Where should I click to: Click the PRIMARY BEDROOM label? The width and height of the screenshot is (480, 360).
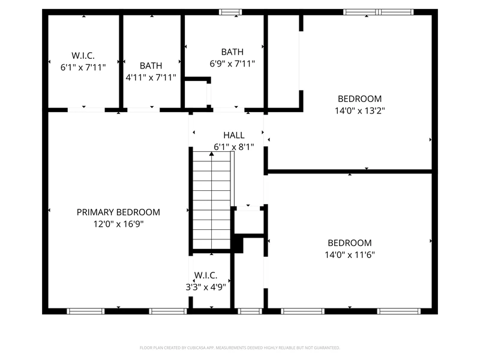(x=118, y=212)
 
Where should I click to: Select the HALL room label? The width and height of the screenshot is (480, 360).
(x=234, y=135)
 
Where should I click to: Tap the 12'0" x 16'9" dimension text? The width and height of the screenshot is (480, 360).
(x=118, y=224)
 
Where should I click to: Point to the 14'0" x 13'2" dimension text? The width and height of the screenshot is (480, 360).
(x=359, y=110)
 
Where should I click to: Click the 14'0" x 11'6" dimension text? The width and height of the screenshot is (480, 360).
(x=350, y=254)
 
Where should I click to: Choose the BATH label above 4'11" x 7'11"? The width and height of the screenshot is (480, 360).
(x=151, y=65)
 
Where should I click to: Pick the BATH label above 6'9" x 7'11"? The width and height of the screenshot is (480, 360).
(x=232, y=52)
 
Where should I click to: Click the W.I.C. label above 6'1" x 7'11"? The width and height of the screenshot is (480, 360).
(x=83, y=55)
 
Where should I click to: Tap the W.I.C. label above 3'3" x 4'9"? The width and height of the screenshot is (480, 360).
(x=206, y=275)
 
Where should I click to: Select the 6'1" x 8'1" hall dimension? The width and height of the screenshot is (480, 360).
(x=234, y=147)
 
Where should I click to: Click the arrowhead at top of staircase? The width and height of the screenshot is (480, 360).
(x=212, y=154)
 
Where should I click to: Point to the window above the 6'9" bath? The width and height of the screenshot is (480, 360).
(x=230, y=12)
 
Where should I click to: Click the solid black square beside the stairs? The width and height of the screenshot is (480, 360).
(x=238, y=244)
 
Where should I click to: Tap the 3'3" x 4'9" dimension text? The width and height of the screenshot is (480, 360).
(x=206, y=287)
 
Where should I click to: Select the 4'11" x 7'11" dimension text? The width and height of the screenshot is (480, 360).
(x=151, y=77)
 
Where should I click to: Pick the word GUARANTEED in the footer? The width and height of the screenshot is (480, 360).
(x=329, y=348)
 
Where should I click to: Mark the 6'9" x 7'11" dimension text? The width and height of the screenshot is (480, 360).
(x=232, y=64)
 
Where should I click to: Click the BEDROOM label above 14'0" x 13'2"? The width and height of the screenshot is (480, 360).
(x=359, y=98)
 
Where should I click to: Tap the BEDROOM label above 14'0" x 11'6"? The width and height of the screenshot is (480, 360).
(x=350, y=243)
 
